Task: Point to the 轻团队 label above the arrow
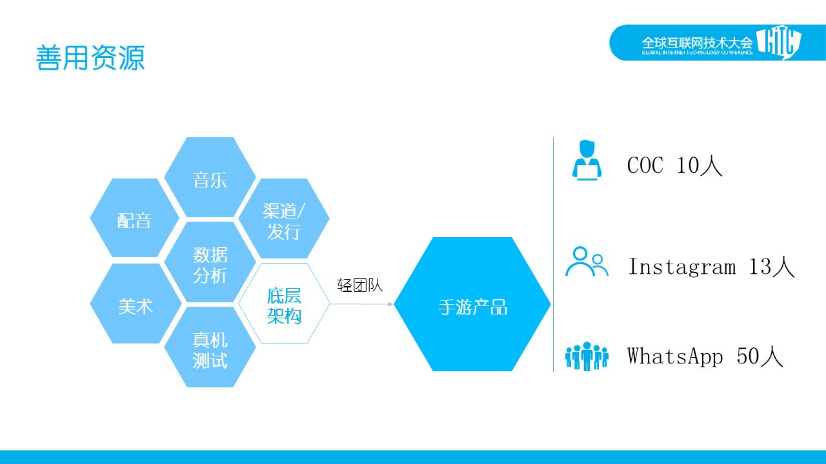point(360,285)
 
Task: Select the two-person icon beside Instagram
point(586,262)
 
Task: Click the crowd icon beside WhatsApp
point(586,356)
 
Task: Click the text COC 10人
point(674,165)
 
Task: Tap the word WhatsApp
point(675,356)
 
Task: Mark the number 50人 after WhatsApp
point(760,356)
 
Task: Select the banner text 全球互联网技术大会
point(697,43)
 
